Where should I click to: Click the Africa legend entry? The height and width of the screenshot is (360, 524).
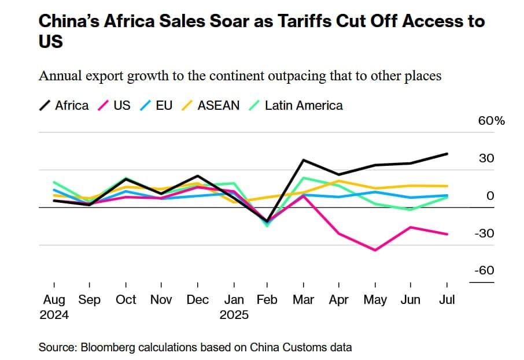65,105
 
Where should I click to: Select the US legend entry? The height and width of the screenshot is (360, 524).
115,105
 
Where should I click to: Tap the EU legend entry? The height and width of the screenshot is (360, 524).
157,105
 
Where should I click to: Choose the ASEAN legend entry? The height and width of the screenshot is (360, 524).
211,105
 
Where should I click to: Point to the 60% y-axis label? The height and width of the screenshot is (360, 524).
492,121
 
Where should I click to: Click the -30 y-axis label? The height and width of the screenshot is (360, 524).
485,233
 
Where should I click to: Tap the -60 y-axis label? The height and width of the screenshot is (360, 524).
485,270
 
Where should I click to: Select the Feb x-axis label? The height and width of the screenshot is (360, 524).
267,299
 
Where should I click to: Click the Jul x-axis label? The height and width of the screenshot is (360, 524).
447,299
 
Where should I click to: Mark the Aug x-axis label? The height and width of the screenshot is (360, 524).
54,299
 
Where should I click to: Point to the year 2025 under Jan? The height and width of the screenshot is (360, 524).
234,315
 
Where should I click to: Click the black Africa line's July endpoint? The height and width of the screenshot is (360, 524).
446,154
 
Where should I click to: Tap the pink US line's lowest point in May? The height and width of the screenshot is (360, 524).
375,250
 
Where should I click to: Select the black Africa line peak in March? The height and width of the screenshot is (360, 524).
303,160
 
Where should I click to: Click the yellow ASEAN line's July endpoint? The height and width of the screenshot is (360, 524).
446,186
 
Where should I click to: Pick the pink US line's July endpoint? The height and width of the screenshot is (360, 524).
446,234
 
